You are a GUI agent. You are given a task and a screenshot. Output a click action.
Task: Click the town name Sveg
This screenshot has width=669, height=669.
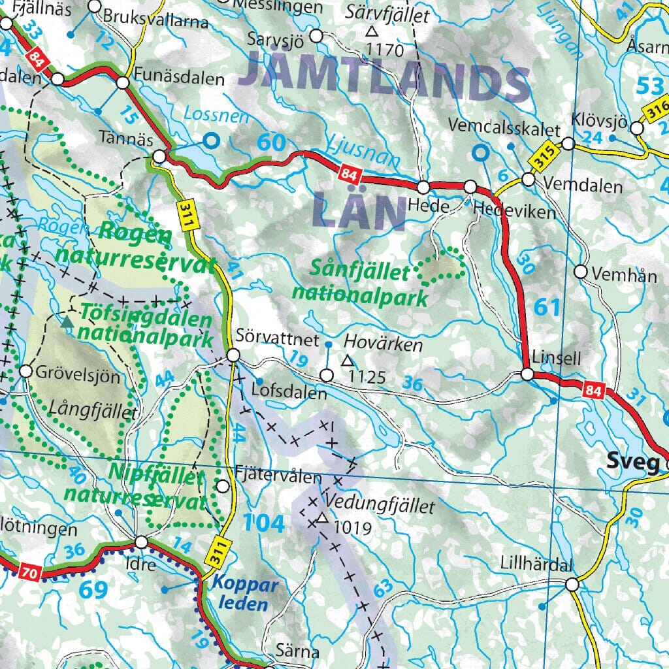coord(632,463)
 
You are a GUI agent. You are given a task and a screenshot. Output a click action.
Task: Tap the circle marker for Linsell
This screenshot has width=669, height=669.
coord(527,374)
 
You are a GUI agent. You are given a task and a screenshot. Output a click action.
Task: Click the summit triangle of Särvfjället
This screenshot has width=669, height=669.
coord(372,31)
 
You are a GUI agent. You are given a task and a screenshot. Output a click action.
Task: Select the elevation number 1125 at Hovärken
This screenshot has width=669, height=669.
coord(368,376)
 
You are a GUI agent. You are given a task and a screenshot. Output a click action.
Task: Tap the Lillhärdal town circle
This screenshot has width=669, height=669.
coord(572,585)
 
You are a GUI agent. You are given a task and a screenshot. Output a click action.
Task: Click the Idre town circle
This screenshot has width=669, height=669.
coord(142,542)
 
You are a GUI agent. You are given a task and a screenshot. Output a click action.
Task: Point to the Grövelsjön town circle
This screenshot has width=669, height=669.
coord(26,371)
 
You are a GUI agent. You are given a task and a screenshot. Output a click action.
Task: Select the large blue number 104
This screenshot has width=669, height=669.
coord(264,523)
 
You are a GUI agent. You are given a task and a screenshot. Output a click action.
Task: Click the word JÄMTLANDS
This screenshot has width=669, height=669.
coord(383,82)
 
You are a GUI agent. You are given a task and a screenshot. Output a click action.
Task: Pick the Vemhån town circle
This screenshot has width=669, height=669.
coord(581,271)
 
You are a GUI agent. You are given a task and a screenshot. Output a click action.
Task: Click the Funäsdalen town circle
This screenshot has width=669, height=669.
coord(123,83)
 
